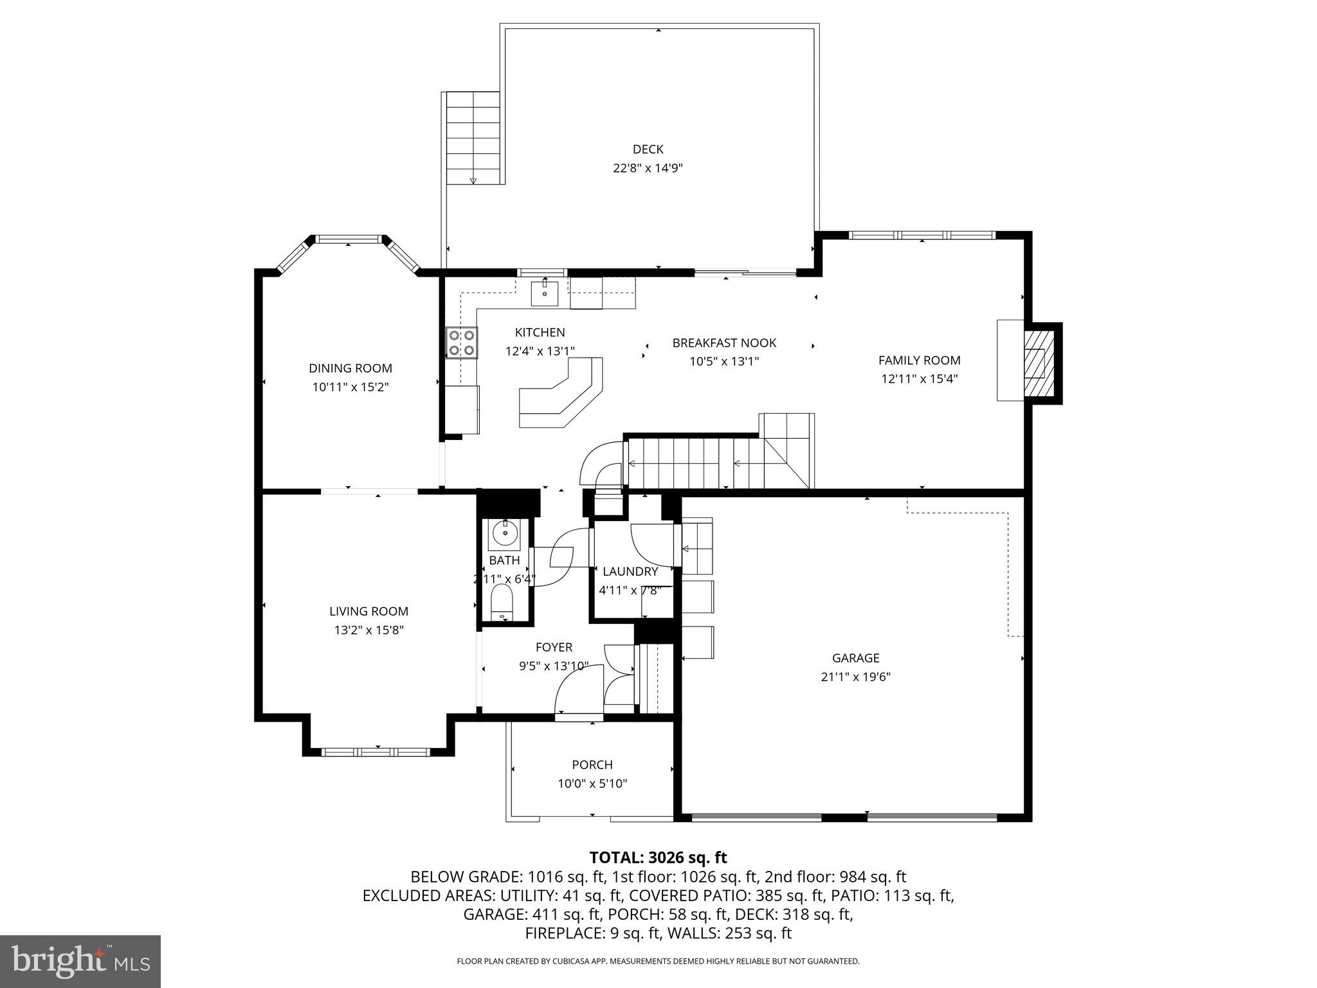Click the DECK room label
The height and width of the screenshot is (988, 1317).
point(648,149)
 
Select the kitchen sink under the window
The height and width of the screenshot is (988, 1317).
point(545,293)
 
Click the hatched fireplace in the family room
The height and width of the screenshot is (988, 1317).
point(1039,363)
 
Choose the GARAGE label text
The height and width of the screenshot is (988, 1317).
point(855,658)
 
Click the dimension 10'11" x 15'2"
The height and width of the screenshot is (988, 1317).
point(350,387)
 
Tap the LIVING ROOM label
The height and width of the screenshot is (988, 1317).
point(368,612)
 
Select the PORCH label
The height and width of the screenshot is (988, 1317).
point(592,765)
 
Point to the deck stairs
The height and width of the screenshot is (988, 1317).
point(473,138)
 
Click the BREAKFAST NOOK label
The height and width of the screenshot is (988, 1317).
point(724,343)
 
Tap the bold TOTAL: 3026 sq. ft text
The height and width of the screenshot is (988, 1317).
point(658,857)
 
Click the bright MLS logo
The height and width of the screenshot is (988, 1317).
point(80,961)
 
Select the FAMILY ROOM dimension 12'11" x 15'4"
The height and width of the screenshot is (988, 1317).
point(919,379)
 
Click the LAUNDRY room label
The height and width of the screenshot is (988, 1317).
point(630,571)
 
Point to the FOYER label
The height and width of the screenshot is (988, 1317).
point(554,647)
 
